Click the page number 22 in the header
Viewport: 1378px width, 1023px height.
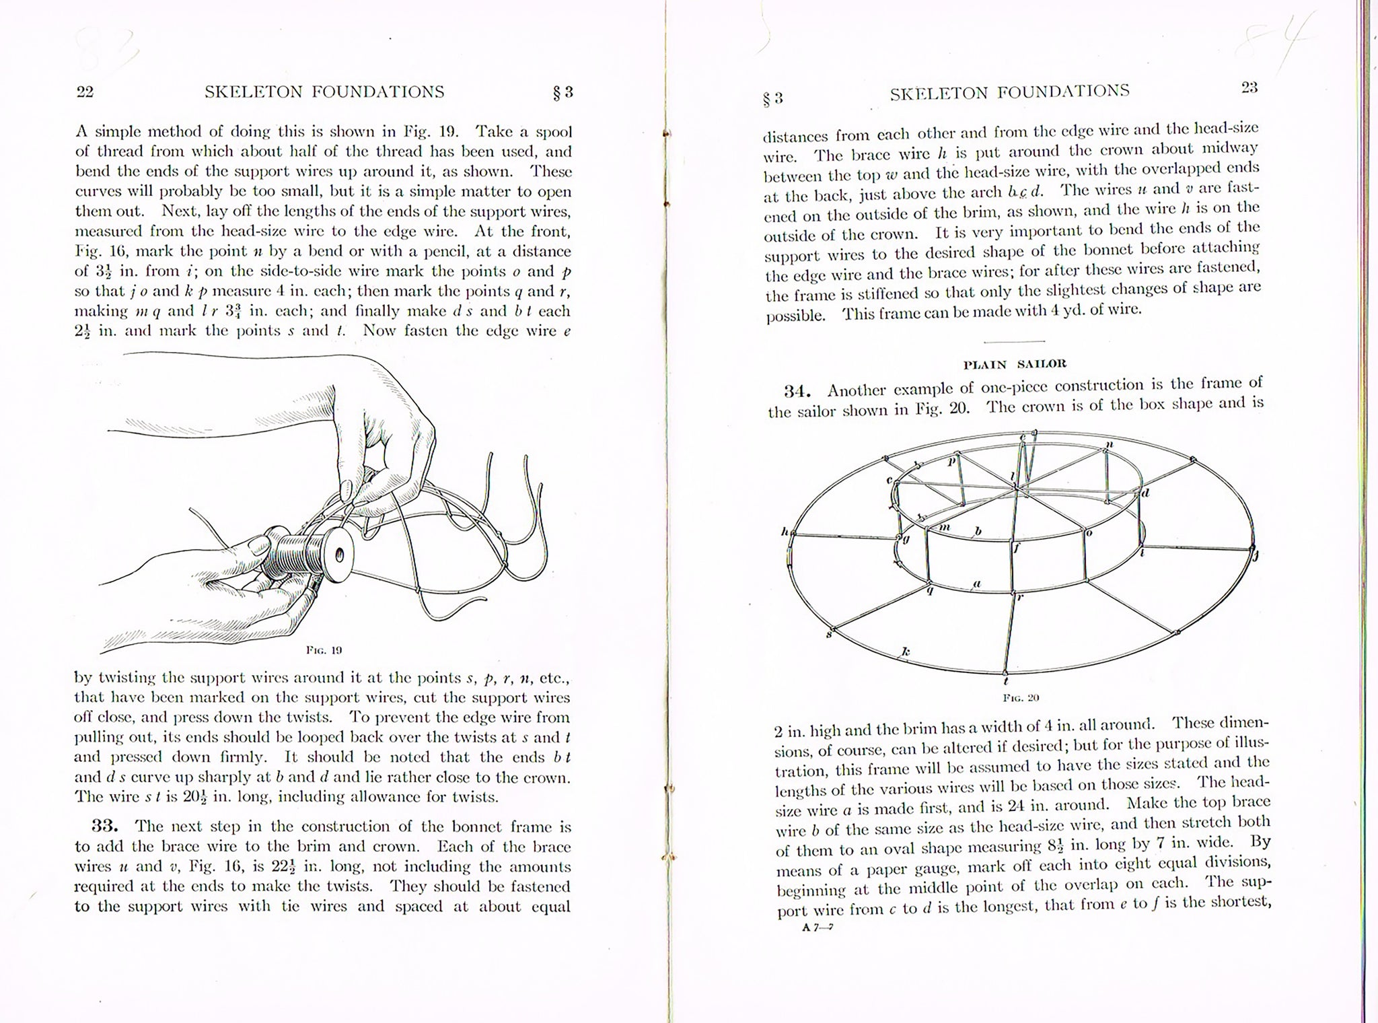coord(85,93)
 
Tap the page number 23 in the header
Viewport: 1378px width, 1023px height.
coord(1249,87)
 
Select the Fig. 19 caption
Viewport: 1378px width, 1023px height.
coord(324,650)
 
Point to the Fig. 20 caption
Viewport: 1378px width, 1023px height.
coord(1021,698)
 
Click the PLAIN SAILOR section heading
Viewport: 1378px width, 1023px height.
coord(1015,365)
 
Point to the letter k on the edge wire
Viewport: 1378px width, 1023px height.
coord(906,651)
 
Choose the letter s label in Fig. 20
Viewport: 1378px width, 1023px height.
coord(828,634)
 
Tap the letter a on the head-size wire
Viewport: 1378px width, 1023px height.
coord(977,584)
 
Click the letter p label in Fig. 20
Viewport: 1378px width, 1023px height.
coord(951,462)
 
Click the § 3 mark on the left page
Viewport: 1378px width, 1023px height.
coord(563,93)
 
